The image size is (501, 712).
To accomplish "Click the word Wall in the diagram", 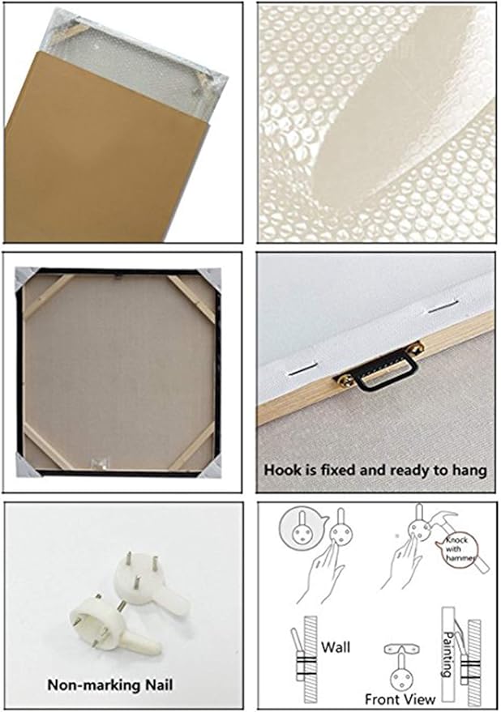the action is [335, 646].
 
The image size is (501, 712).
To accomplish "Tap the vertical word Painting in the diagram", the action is [447, 654].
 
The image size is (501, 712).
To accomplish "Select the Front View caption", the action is [400, 698].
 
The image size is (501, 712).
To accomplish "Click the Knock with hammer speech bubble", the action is [457, 548].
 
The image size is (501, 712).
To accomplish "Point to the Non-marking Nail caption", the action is [110, 684].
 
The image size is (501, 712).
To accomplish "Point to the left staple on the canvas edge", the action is [302, 371].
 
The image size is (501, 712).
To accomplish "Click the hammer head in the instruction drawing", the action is [444, 520].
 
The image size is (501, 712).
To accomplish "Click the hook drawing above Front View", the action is [401, 665].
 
